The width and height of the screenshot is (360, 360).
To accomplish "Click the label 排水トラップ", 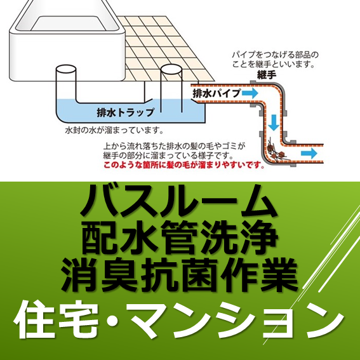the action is point(125,112).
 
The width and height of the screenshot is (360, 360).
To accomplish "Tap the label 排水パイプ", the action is point(217,93).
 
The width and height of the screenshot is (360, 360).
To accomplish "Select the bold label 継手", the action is point(267,75).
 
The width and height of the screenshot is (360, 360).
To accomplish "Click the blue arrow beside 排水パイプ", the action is point(250,93).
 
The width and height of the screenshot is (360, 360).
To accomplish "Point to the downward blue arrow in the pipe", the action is point(274,123).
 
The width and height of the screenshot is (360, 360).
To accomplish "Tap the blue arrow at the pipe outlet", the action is point(309,154).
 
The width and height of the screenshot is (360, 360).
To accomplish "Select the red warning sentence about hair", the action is point(184,165).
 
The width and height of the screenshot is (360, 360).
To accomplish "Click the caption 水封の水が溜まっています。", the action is point(114,131).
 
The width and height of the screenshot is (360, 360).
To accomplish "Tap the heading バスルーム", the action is point(179,201).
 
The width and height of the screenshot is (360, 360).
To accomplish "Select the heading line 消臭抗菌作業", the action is point(179,274).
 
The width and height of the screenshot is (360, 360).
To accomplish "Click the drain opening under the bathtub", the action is point(66,69).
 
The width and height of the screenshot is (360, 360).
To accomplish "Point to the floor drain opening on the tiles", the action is point(171,69).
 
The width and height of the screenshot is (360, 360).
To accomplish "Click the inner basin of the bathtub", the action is point(69,23).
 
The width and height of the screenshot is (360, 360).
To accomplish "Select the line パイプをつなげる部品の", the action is point(276,55).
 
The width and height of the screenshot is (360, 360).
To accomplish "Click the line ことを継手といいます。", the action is point(274,64).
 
